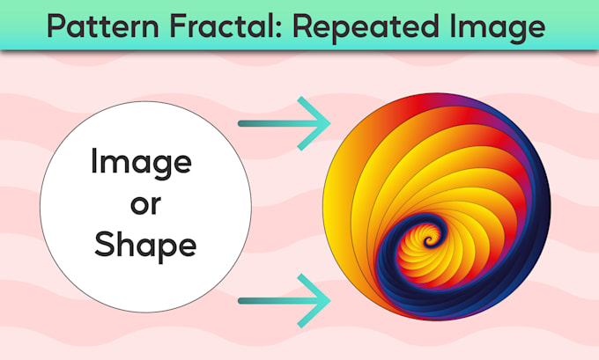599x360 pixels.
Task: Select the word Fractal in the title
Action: click(218, 27)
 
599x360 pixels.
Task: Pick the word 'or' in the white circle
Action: click(140, 205)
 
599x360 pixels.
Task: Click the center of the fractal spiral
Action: click(430, 239)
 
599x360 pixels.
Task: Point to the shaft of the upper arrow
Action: click(269, 125)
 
